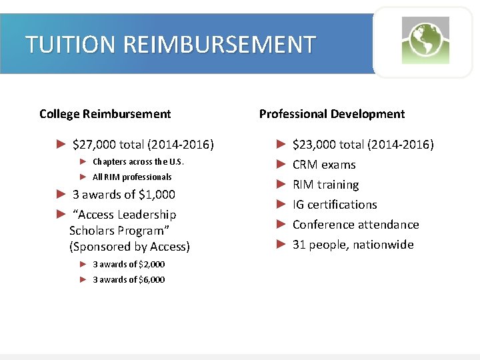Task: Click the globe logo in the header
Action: pos(425,40)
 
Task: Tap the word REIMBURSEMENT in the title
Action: pos(219,45)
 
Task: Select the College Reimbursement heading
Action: pos(105,114)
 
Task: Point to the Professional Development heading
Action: pos(331,114)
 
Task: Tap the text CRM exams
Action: pos(324,165)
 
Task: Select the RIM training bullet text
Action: pos(325,185)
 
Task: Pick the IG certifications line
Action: pos(335,205)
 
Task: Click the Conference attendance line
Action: pos(355,225)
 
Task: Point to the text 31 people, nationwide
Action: pos(353,245)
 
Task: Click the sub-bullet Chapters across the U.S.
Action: pos(138,162)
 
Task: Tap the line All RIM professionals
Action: pos(132,177)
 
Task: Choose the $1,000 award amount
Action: pos(158,195)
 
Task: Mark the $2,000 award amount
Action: pos(150,265)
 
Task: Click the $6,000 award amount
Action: pos(150,280)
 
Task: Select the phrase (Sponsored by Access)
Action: pos(129,247)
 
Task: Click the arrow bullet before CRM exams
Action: pos(281,165)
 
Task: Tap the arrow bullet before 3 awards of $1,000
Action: pos(61,195)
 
